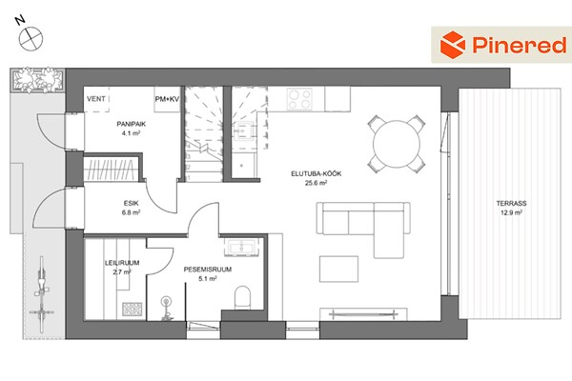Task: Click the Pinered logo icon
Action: click(x=452, y=45)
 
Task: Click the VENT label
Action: click(x=96, y=99)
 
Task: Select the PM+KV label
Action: click(x=167, y=99)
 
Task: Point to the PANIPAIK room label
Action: click(x=132, y=124)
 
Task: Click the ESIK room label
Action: click(x=131, y=204)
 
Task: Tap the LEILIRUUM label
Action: click(x=122, y=263)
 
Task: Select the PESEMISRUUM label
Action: click(x=208, y=270)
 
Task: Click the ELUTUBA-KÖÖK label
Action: click(x=317, y=174)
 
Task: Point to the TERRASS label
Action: click(x=511, y=204)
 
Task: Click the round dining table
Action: click(x=397, y=144)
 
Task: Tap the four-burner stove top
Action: click(x=299, y=98)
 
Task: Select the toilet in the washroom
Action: click(x=242, y=297)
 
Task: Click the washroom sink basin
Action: click(x=241, y=247)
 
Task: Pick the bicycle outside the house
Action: click(x=42, y=294)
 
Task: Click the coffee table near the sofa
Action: click(x=338, y=269)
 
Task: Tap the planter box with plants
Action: click(x=37, y=79)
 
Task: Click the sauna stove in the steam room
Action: click(x=133, y=310)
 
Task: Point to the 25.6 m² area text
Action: click(x=316, y=183)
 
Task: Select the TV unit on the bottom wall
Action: click(x=363, y=314)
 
